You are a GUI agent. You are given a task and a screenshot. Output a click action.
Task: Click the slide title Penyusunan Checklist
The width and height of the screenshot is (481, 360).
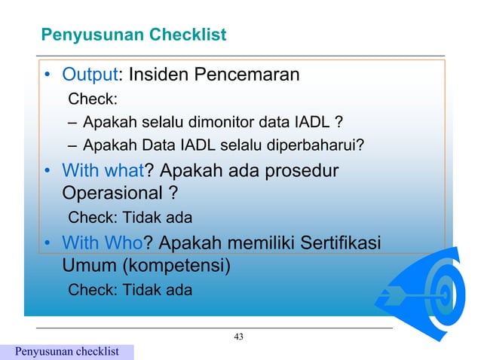point(133,35)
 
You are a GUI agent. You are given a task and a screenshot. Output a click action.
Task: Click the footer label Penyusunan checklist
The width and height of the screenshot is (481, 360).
point(67,352)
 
